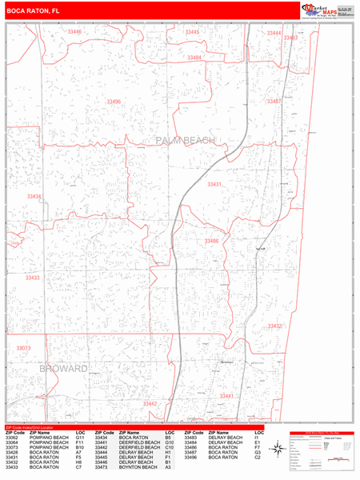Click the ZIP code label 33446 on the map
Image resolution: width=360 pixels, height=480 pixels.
(x=74, y=32)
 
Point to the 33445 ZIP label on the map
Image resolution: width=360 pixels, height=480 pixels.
(x=193, y=33)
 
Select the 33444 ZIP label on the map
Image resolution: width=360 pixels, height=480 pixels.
(x=274, y=34)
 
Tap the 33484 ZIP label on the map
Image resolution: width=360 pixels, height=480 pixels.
(x=194, y=58)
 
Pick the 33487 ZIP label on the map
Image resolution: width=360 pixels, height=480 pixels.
(x=274, y=102)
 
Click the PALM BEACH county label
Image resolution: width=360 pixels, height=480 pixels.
(x=186, y=141)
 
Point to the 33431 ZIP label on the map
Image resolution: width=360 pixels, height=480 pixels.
(x=214, y=184)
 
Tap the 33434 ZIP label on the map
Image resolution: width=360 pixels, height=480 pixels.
(x=34, y=196)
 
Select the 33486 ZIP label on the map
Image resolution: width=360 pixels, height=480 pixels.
(x=211, y=241)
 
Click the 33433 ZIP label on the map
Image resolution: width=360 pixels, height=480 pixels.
(x=33, y=278)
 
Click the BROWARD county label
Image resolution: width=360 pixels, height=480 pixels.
(x=62, y=369)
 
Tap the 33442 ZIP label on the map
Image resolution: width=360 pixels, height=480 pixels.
(x=150, y=404)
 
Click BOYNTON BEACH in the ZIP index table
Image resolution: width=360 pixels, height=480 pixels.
(x=135, y=466)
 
